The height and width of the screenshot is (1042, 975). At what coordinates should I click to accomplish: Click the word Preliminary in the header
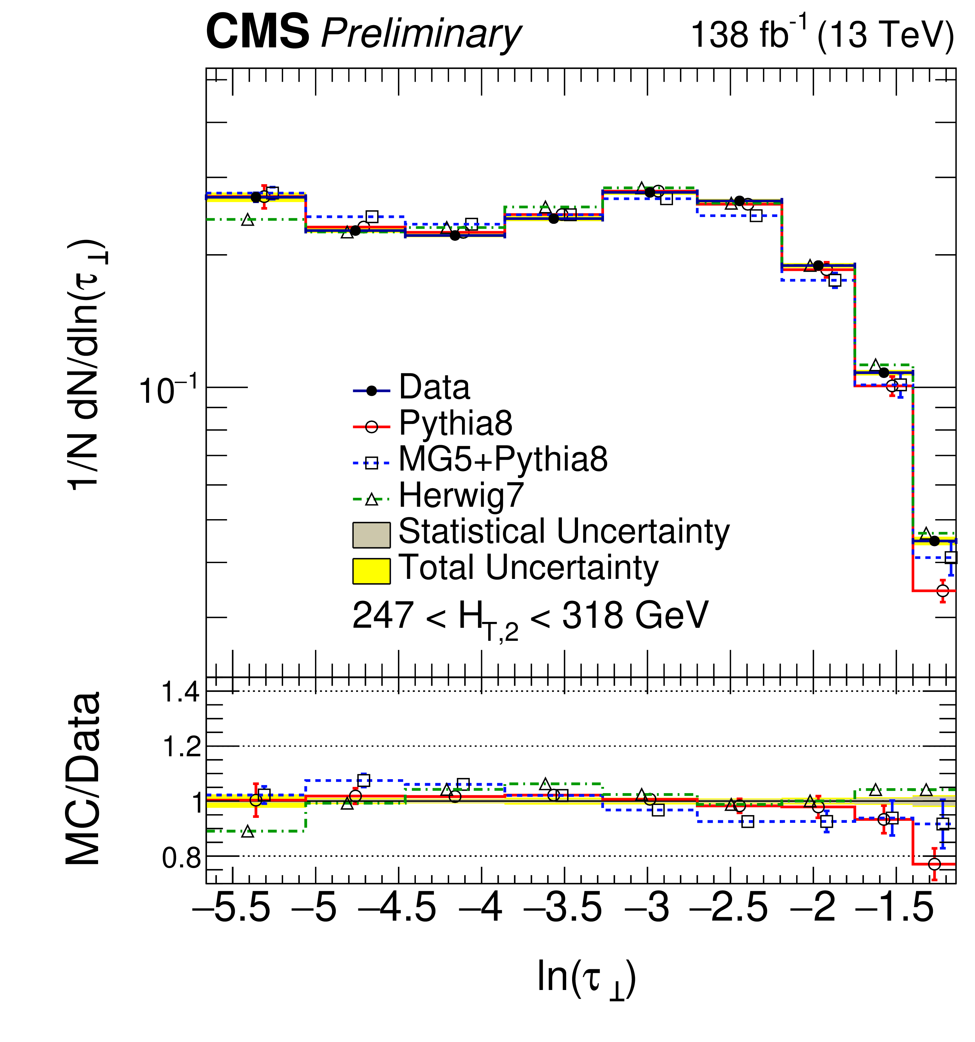click(x=421, y=35)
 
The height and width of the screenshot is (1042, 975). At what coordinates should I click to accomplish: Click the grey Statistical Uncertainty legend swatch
click(x=371, y=535)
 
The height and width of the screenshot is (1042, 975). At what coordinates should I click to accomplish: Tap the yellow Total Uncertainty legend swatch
click(x=371, y=571)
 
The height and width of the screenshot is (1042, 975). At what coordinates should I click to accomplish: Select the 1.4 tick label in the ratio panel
click(x=181, y=692)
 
